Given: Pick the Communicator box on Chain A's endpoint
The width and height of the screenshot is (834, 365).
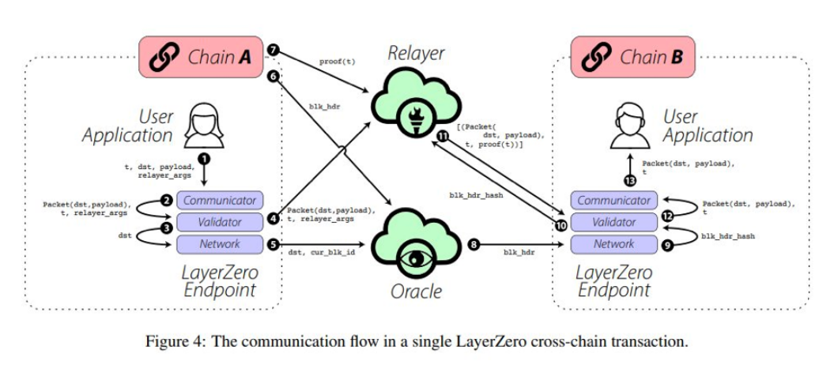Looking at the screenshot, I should [x=219, y=201].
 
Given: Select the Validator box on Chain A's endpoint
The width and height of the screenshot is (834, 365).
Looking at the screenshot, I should [x=219, y=222].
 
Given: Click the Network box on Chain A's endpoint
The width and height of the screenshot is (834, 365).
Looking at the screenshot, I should [x=219, y=243].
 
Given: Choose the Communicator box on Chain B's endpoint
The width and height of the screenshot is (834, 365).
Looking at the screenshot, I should [x=613, y=201].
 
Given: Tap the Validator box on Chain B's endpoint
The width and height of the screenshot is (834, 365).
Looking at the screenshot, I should [x=613, y=222].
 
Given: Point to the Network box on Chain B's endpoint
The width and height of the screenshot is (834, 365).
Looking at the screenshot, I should [x=613, y=243].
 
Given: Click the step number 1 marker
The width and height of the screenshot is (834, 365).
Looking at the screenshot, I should [x=204, y=158].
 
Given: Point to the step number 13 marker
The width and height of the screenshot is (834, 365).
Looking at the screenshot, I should [x=630, y=181].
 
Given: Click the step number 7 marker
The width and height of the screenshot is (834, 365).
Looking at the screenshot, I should [x=274, y=51].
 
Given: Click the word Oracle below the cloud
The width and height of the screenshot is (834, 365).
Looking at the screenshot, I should [x=417, y=292].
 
